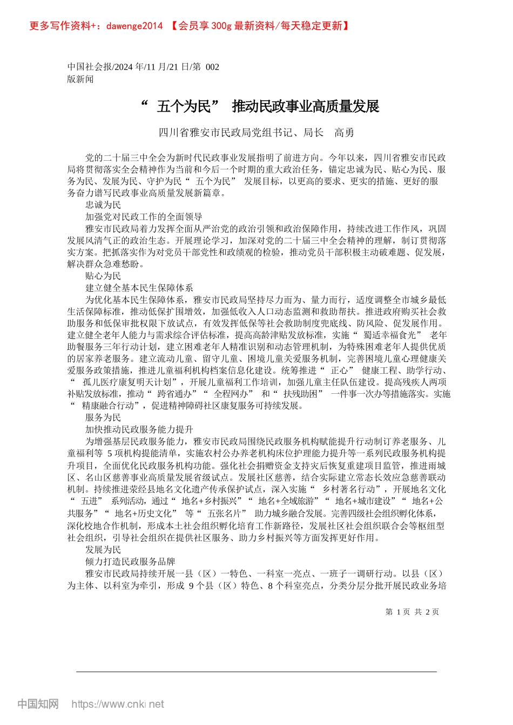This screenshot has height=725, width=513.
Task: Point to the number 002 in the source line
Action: (x=212, y=67)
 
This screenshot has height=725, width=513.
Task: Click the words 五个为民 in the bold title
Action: (x=184, y=107)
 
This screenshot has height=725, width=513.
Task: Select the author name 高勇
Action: (x=344, y=133)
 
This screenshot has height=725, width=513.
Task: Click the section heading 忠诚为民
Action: (x=103, y=205)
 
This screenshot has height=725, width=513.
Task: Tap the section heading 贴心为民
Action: (x=103, y=276)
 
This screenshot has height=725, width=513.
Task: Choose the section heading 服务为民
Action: (x=103, y=418)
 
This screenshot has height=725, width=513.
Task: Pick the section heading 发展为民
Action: (x=103, y=549)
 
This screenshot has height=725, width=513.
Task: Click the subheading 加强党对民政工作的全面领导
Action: (x=144, y=217)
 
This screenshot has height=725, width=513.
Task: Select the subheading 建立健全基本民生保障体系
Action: (x=139, y=288)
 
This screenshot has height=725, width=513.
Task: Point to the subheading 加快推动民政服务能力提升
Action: (x=139, y=429)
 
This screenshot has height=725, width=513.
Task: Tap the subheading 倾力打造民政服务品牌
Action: (x=130, y=561)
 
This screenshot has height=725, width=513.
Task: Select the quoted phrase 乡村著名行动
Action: (x=348, y=489)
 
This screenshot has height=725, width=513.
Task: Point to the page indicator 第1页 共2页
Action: (x=412, y=612)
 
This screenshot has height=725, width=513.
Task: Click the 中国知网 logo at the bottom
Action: (x=38, y=704)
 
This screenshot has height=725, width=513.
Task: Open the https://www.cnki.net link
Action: (x=117, y=704)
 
